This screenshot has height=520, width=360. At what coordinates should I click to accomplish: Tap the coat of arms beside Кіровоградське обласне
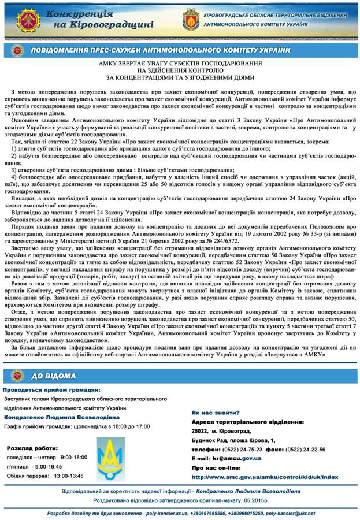[191, 19]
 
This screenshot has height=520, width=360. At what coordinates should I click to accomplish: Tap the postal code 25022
[199, 431]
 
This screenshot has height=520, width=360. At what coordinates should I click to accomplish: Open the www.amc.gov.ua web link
[264, 477]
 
